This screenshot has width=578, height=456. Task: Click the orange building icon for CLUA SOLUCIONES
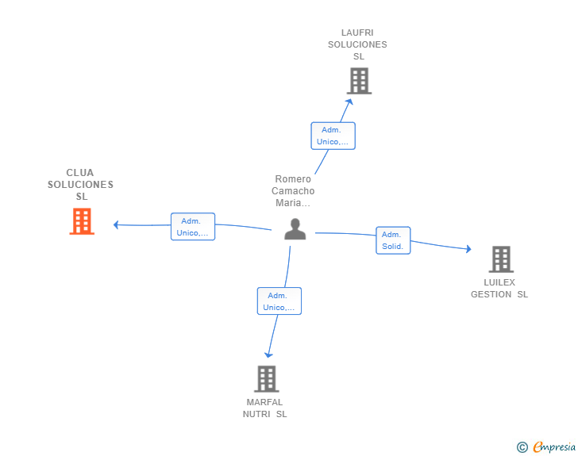point(82,221)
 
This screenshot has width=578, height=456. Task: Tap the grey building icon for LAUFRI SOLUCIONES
point(359,81)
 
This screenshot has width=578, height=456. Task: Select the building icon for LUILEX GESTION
point(501,259)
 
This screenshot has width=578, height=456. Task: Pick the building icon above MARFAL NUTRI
point(267,379)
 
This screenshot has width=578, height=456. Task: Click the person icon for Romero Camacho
point(295,229)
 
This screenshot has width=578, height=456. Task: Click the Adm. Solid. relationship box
point(393,240)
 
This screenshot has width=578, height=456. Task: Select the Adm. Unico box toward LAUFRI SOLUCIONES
point(333,136)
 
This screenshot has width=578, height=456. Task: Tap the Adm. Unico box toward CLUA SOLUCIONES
point(193,227)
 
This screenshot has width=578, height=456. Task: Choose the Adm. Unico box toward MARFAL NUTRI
point(279,301)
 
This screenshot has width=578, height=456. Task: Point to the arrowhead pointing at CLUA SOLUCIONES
point(116,224)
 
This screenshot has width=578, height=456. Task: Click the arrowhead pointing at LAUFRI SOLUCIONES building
point(349,102)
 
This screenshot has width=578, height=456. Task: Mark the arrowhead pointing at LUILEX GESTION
point(468,249)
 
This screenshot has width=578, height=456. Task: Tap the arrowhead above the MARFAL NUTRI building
point(268,354)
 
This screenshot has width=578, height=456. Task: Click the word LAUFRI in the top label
point(357,33)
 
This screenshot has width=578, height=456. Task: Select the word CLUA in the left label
point(80,173)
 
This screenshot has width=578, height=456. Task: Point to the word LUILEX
point(499,282)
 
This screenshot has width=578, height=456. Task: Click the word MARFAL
point(264,402)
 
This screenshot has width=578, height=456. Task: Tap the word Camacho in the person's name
point(293,191)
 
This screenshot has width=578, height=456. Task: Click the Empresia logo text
point(554,447)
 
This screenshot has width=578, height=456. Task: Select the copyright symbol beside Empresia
point(522,447)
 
